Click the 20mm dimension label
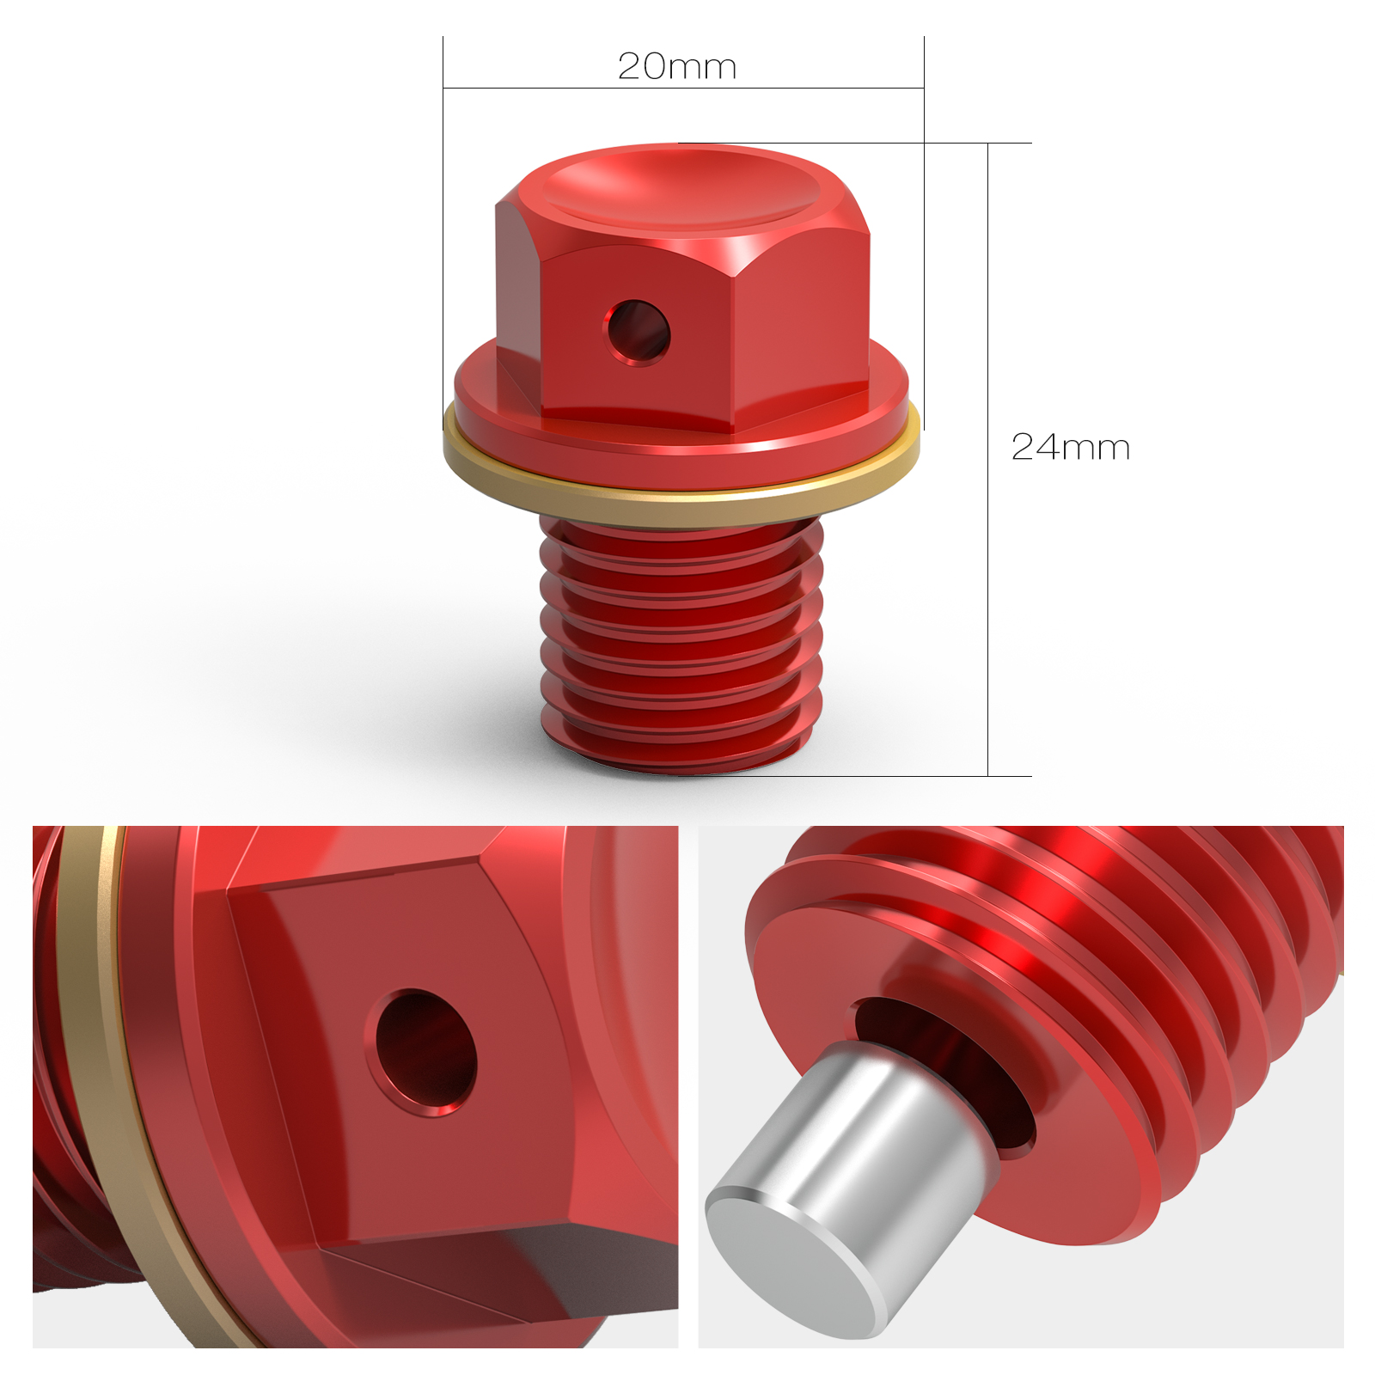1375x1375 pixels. point(677,66)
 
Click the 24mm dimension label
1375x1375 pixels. point(1070,447)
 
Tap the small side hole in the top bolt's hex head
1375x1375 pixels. point(638,331)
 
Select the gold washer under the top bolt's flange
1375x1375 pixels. point(679,507)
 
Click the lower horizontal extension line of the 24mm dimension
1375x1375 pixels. point(902,776)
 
